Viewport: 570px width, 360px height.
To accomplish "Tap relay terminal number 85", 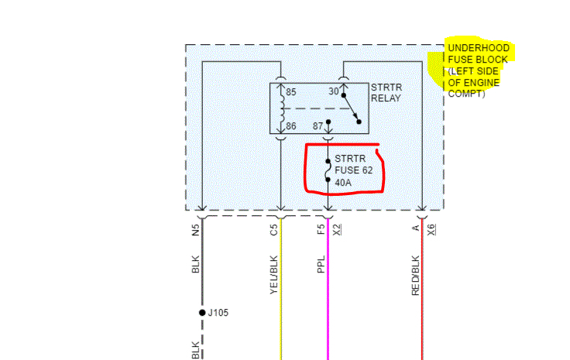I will point(291,92).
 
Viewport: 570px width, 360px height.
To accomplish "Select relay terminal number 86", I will point(291,125).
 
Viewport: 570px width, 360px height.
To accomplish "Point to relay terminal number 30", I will point(334,91).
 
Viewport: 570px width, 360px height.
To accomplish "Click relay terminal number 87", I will point(318,125).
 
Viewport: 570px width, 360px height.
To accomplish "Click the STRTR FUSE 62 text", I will point(359,165).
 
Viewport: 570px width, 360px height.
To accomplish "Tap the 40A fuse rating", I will point(343,183).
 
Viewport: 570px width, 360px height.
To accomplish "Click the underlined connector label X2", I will point(337,229).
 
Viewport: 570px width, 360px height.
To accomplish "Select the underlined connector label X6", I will point(431,229).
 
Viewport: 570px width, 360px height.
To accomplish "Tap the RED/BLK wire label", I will point(415,275).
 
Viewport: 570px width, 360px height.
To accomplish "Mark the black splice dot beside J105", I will point(202,313).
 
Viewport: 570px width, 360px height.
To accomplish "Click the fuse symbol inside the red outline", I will point(328,172).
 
